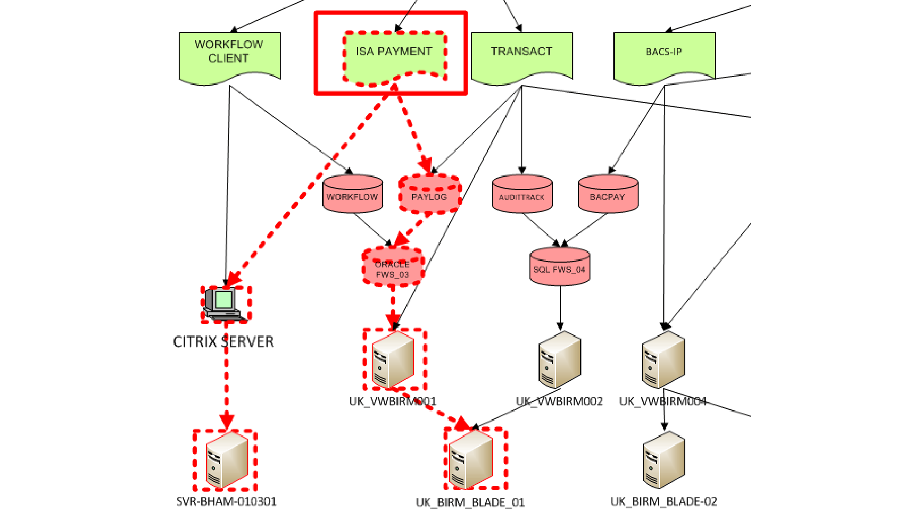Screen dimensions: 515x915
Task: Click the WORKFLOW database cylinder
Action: click(x=353, y=194)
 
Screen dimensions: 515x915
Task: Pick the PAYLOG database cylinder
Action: click(x=429, y=194)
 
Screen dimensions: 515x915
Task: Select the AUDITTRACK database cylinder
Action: click(x=522, y=194)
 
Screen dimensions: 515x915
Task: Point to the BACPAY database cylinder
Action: click(x=608, y=194)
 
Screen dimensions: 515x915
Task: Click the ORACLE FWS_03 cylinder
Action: click(x=393, y=267)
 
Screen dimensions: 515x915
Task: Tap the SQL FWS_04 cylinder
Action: click(x=559, y=267)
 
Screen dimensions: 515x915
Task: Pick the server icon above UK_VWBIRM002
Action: click(x=560, y=360)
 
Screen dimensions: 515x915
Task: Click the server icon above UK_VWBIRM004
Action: click(x=663, y=360)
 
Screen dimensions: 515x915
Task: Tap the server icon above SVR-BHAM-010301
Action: click(x=227, y=460)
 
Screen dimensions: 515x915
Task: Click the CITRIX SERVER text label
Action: click(x=223, y=342)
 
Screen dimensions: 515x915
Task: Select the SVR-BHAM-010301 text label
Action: click(x=226, y=502)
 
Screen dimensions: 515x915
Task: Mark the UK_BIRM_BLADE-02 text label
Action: click(x=664, y=502)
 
